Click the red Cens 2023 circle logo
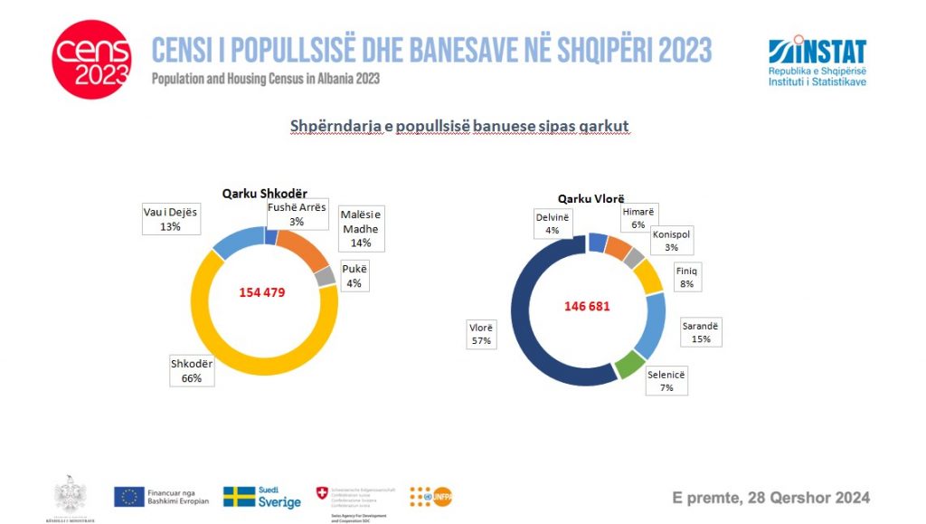coord(92,59)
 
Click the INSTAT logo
coord(816,62)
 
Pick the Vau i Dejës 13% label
coord(170,219)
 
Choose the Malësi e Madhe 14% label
coord(361,228)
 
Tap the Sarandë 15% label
coord(702,331)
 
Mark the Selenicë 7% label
coord(667,381)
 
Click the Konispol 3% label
coord(672,240)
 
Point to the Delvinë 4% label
coord(552,223)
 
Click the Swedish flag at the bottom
coord(240,497)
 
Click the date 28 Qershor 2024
coord(770,497)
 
